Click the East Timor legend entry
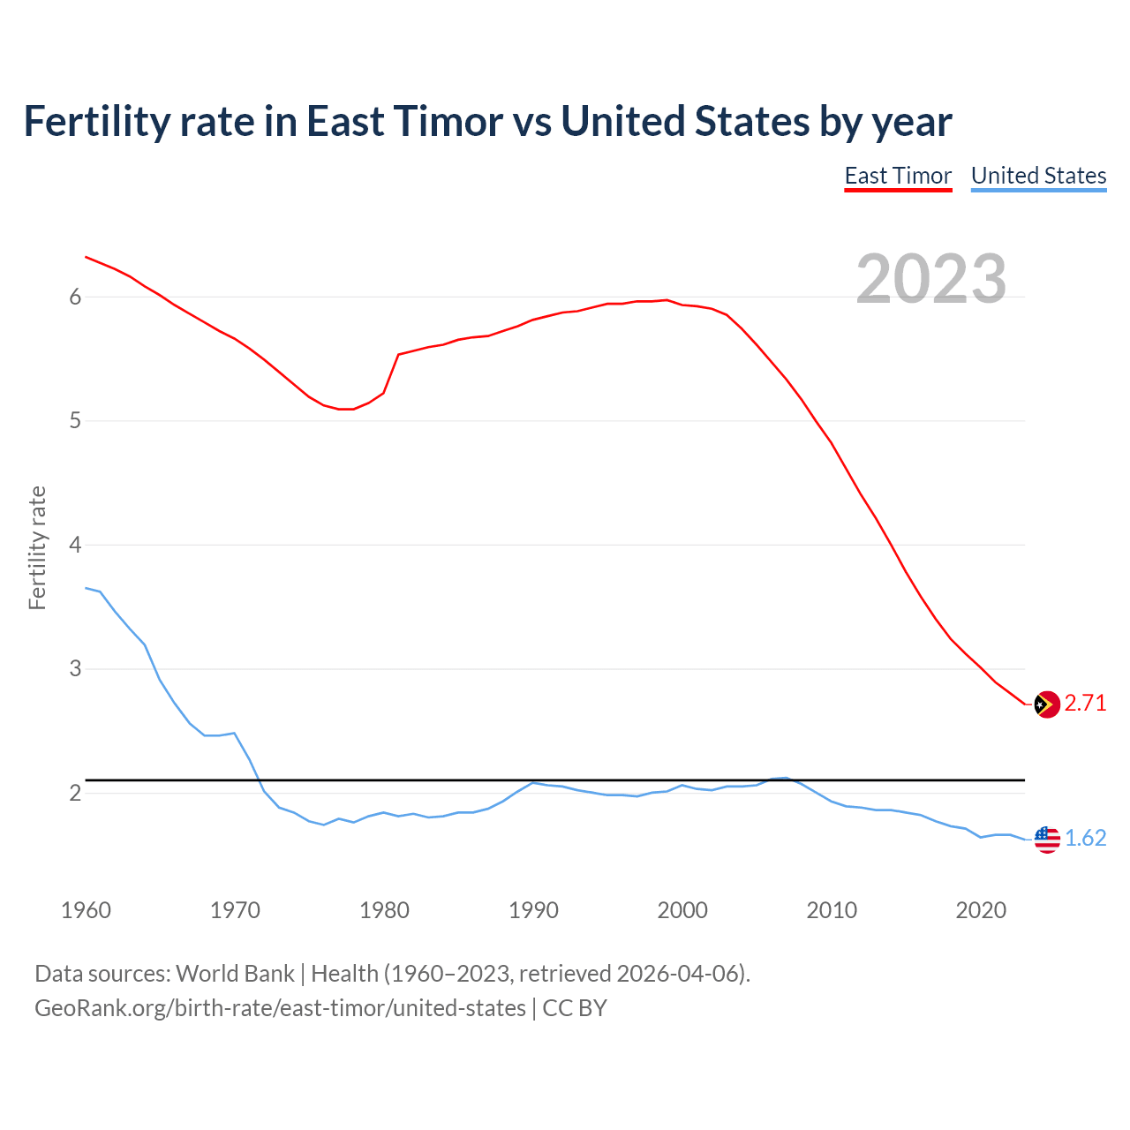pos(898,176)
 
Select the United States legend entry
pos(1038,176)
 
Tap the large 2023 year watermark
pos(931,279)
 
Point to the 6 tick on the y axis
pos(75,298)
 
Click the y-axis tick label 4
pos(75,546)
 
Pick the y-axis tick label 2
pos(75,794)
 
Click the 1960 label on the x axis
pos(86,910)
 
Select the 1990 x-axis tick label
pos(533,910)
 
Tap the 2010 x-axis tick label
pos(832,910)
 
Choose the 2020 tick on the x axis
pos(981,910)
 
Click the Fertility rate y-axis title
pos(37,547)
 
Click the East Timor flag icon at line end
pos(1047,704)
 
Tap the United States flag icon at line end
pos(1047,840)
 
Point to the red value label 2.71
pos(1085,704)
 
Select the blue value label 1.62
pos(1085,839)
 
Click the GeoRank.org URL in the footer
pos(280,1008)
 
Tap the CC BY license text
pos(575,1008)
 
